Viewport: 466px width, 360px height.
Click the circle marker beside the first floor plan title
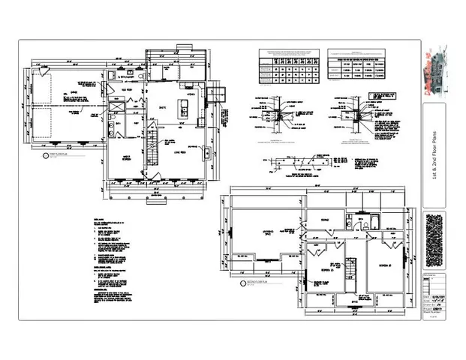[46, 157]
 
